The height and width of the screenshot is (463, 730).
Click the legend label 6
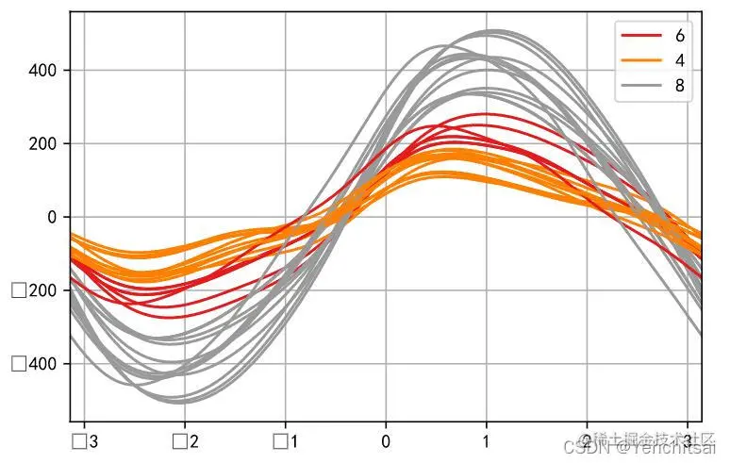(680, 36)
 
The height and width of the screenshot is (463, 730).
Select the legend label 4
(680, 61)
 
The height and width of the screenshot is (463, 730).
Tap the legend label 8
(680, 87)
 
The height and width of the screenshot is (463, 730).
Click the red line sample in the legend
(641, 36)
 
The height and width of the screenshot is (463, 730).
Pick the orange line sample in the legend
(641, 61)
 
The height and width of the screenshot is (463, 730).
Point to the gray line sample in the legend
(641, 87)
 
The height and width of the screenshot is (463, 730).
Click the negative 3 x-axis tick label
(85, 440)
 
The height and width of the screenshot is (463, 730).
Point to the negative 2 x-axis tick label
(185, 440)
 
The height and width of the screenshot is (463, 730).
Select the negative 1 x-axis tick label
(285, 440)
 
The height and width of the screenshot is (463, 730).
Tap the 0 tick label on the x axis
(386, 440)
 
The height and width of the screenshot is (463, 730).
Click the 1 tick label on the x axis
(486, 440)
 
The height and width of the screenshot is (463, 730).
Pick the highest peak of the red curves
(486, 114)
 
